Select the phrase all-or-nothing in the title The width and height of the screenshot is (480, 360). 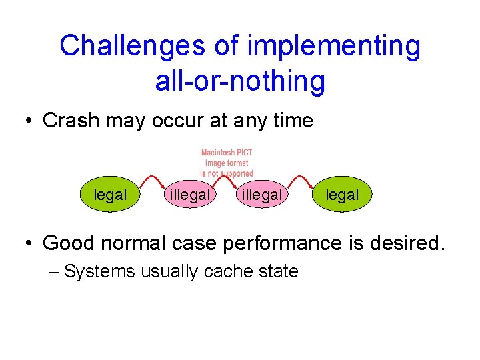[x=240, y=81]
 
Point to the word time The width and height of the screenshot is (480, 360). [x=293, y=121]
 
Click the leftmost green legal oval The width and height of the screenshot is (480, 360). [x=110, y=195]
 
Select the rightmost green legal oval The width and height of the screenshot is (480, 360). [x=342, y=195]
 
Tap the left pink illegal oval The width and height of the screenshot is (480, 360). [x=190, y=195]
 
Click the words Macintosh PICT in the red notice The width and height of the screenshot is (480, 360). [x=227, y=153]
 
